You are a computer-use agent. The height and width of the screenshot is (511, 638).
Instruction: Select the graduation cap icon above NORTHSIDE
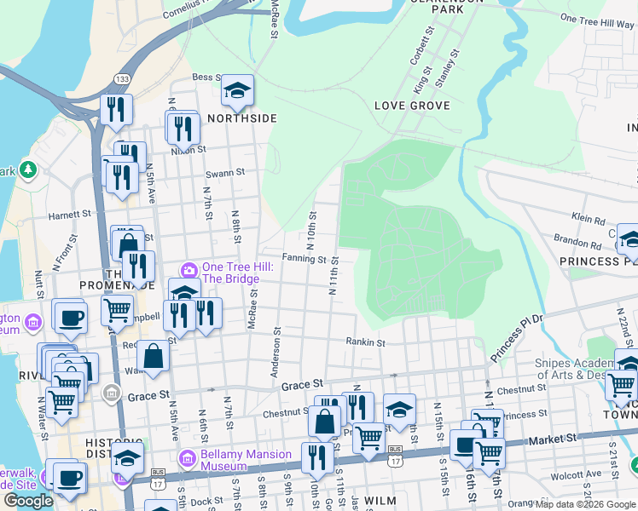click(x=237, y=90)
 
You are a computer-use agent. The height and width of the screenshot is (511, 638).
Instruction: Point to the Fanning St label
click(x=304, y=258)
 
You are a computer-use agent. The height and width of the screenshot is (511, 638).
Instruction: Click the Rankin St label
click(x=366, y=342)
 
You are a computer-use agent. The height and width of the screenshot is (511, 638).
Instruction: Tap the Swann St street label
click(x=228, y=172)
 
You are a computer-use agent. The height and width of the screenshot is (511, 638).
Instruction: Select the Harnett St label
click(x=69, y=215)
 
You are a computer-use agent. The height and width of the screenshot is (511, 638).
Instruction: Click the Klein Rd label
click(x=588, y=219)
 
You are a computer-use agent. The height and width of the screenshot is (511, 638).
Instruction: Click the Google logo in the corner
click(x=28, y=500)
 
